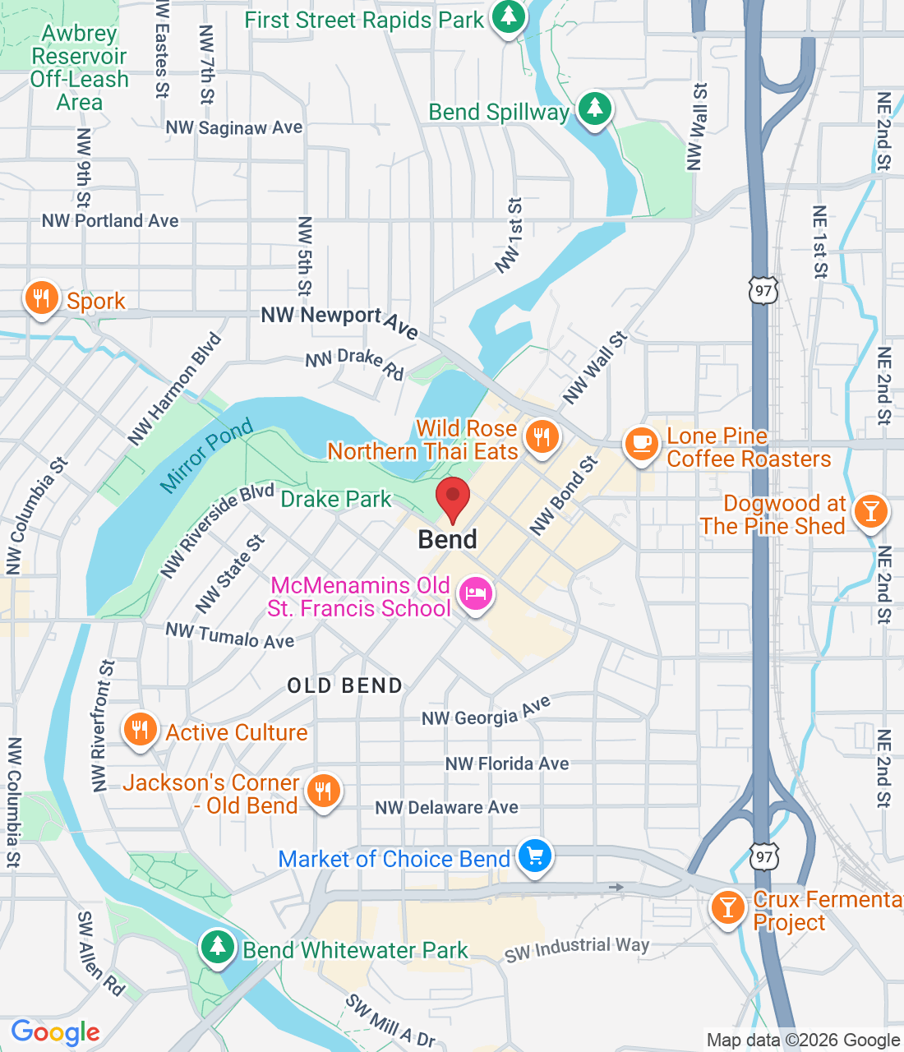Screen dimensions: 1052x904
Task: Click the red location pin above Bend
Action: pyautogui.click(x=452, y=496)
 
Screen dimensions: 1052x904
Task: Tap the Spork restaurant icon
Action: pyautogui.click(x=41, y=298)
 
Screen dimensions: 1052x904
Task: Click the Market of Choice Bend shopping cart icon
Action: pyautogui.click(x=535, y=856)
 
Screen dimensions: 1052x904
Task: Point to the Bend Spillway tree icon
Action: pyautogui.click(x=595, y=108)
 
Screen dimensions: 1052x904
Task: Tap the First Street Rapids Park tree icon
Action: pyautogui.click(x=509, y=16)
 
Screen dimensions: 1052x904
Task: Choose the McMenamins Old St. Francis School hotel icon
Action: pyautogui.click(x=476, y=593)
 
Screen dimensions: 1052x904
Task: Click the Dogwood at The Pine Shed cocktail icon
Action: pyautogui.click(x=870, y=511)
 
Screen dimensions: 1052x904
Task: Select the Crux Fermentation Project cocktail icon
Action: pyautogui.click(x=727, y=907)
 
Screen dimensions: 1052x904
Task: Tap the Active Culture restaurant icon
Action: pyautogui.click(x=140, y=729)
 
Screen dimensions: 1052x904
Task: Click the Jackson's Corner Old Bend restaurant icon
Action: pyautogui.click(x=323, y=791)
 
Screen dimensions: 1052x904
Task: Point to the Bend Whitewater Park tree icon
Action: pyautogui.click(x=217, y=947)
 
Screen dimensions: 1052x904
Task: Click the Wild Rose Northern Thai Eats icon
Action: pyautogui.click(x=542, y=436)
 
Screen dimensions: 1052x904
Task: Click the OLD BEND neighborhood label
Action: pyautogui.click(x=345, y=685)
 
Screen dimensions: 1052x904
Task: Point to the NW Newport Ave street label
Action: pyautogui.click(x=339, y=321)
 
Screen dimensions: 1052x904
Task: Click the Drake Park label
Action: pyautogui.click(x=336, y=499)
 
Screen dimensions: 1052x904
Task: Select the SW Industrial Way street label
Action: pyautogui.click(x=577, y=949)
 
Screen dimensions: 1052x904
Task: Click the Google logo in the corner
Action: pyautogui.click(x=56, y=1032)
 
